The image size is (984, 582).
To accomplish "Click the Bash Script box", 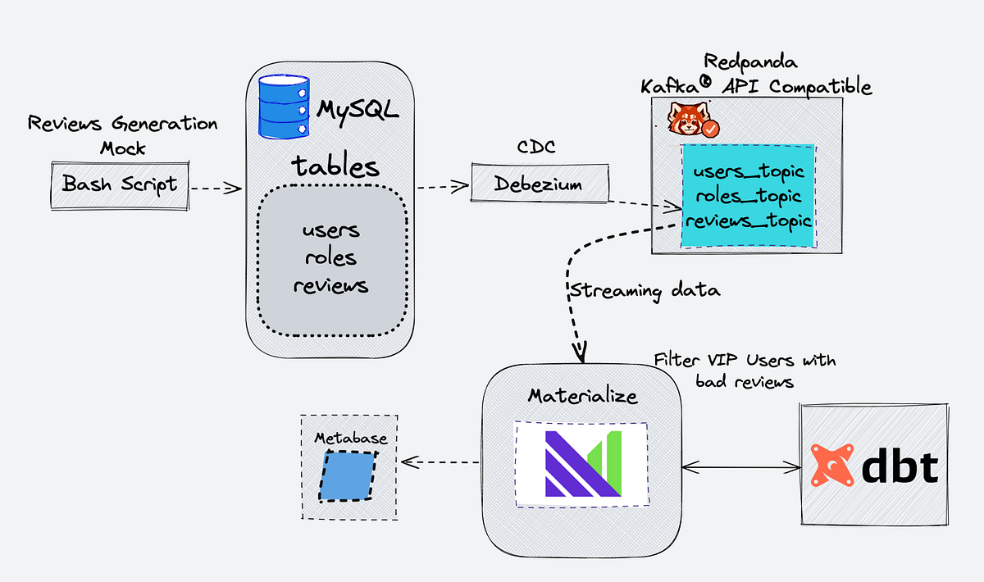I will (120, 184).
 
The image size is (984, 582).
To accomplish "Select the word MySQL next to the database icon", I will (358, 110).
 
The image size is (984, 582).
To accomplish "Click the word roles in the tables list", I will (330, 257).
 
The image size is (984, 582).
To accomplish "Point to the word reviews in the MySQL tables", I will (330, 285).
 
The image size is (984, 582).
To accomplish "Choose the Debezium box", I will (539, 184).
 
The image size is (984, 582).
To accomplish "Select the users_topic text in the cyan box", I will (748, 172).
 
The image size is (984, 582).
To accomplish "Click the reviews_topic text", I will (748, 221).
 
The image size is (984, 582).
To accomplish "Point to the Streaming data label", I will (645, 291).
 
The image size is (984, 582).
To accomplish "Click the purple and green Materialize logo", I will (581, 463).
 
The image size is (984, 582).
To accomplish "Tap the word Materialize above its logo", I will (582, 397).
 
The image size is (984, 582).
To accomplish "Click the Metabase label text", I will (350, 439).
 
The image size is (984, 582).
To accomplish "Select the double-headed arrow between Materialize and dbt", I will (741, 467).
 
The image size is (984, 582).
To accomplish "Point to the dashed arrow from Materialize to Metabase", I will (440, 462).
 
